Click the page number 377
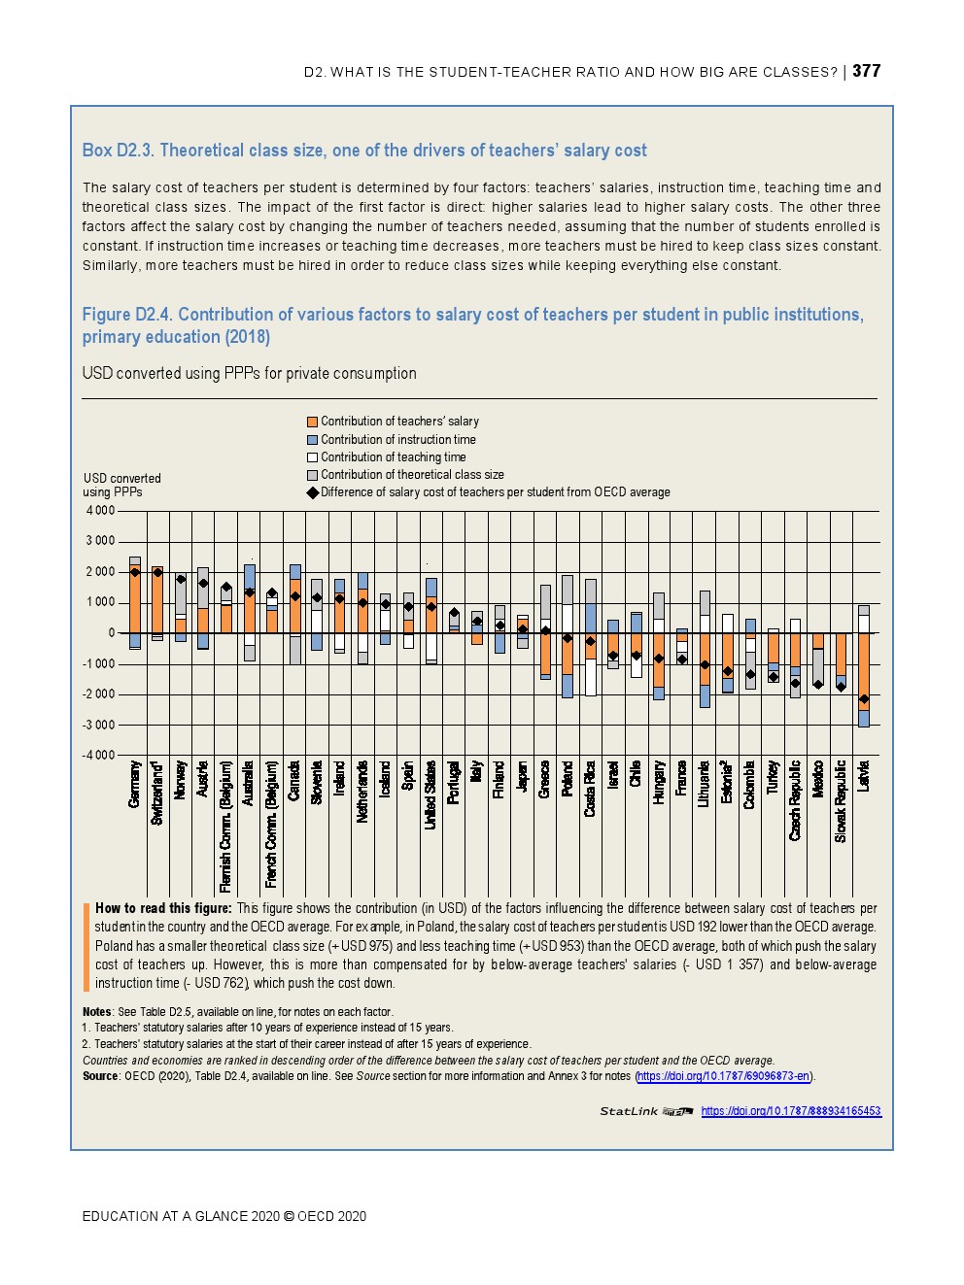(x=866, y=71)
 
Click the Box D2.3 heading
(x=364, y=151)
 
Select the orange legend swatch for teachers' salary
(x=313, y=422)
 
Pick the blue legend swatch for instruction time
(x=313, y=440)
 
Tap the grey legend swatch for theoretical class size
(x=313, y=475)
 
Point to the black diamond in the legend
(x=313, y=492)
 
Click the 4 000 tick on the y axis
(x=100, y=511)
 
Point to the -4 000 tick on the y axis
(x=98, y=755)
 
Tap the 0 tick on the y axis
(x=111, y=633)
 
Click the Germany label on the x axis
(x=135, y=784)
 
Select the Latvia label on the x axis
(x=863, y=776)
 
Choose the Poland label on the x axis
(x=568, y=778)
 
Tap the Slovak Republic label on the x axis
(x=841, y=800)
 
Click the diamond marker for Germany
(x=135, y=573)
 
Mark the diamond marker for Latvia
(x=863, y=699)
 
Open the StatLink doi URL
(x=791, y=1111)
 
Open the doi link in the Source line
(x=724, y=1076)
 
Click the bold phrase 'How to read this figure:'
(x=163, y=909)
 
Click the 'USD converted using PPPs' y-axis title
(x=121, y=485)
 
